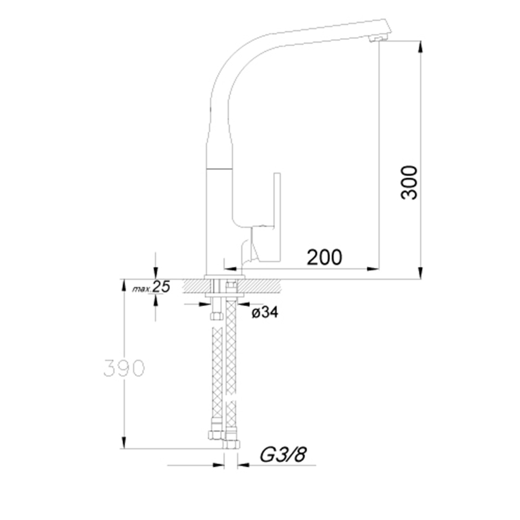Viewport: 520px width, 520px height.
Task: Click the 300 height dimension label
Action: click(410, 182)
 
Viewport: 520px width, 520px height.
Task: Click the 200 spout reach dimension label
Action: click(325, 258)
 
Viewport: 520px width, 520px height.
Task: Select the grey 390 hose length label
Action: click(124, 368)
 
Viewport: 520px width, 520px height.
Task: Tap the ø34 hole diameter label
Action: click(264, 312)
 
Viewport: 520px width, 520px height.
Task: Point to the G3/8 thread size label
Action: click(283, 455)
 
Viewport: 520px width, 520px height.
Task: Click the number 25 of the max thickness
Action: click(161, 287)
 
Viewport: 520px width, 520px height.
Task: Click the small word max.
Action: click(142, 289)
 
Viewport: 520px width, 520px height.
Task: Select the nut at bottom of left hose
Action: click(215, 435)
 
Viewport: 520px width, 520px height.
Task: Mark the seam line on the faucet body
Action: click(219, 169)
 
